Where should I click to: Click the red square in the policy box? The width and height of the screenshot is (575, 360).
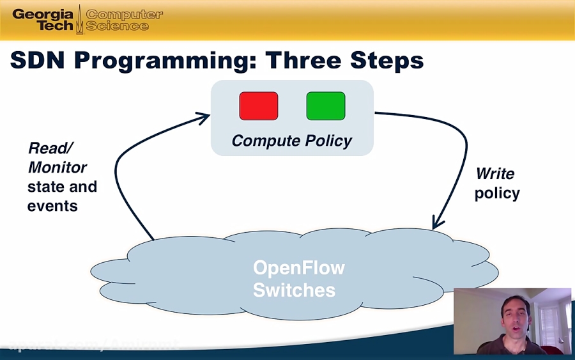coord(259,106)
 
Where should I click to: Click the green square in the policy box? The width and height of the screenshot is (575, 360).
coord(326,106)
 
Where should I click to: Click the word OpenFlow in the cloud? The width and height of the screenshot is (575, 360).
coord(299,267)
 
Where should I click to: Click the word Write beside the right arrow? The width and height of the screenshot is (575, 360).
coord(495,173)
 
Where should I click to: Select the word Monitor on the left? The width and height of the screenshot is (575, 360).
coord(57,168)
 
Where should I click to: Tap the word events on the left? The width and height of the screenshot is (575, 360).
coord(52,206)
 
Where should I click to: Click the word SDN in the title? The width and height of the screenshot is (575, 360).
coord(38,60)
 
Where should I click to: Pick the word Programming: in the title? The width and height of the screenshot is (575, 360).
coord(165,61)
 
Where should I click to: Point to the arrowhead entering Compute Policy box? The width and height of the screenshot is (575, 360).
coord(204,117)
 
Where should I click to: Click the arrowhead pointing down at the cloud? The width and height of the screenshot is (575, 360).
coord(437,223)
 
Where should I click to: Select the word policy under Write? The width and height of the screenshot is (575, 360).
coord(497,193)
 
